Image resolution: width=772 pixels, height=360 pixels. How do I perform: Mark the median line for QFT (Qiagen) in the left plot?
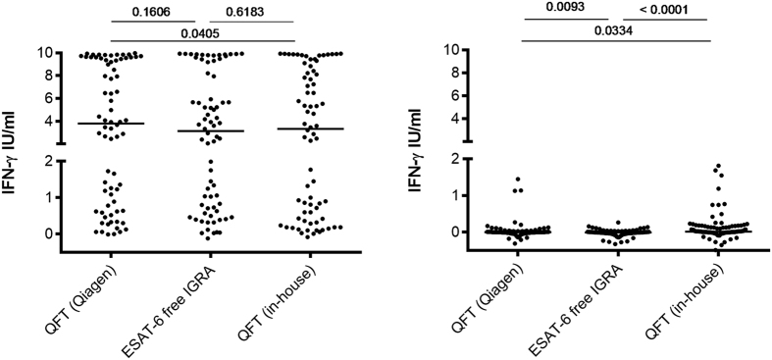click(111, 124)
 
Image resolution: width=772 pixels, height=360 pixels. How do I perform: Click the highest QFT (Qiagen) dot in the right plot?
click(516, 180)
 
